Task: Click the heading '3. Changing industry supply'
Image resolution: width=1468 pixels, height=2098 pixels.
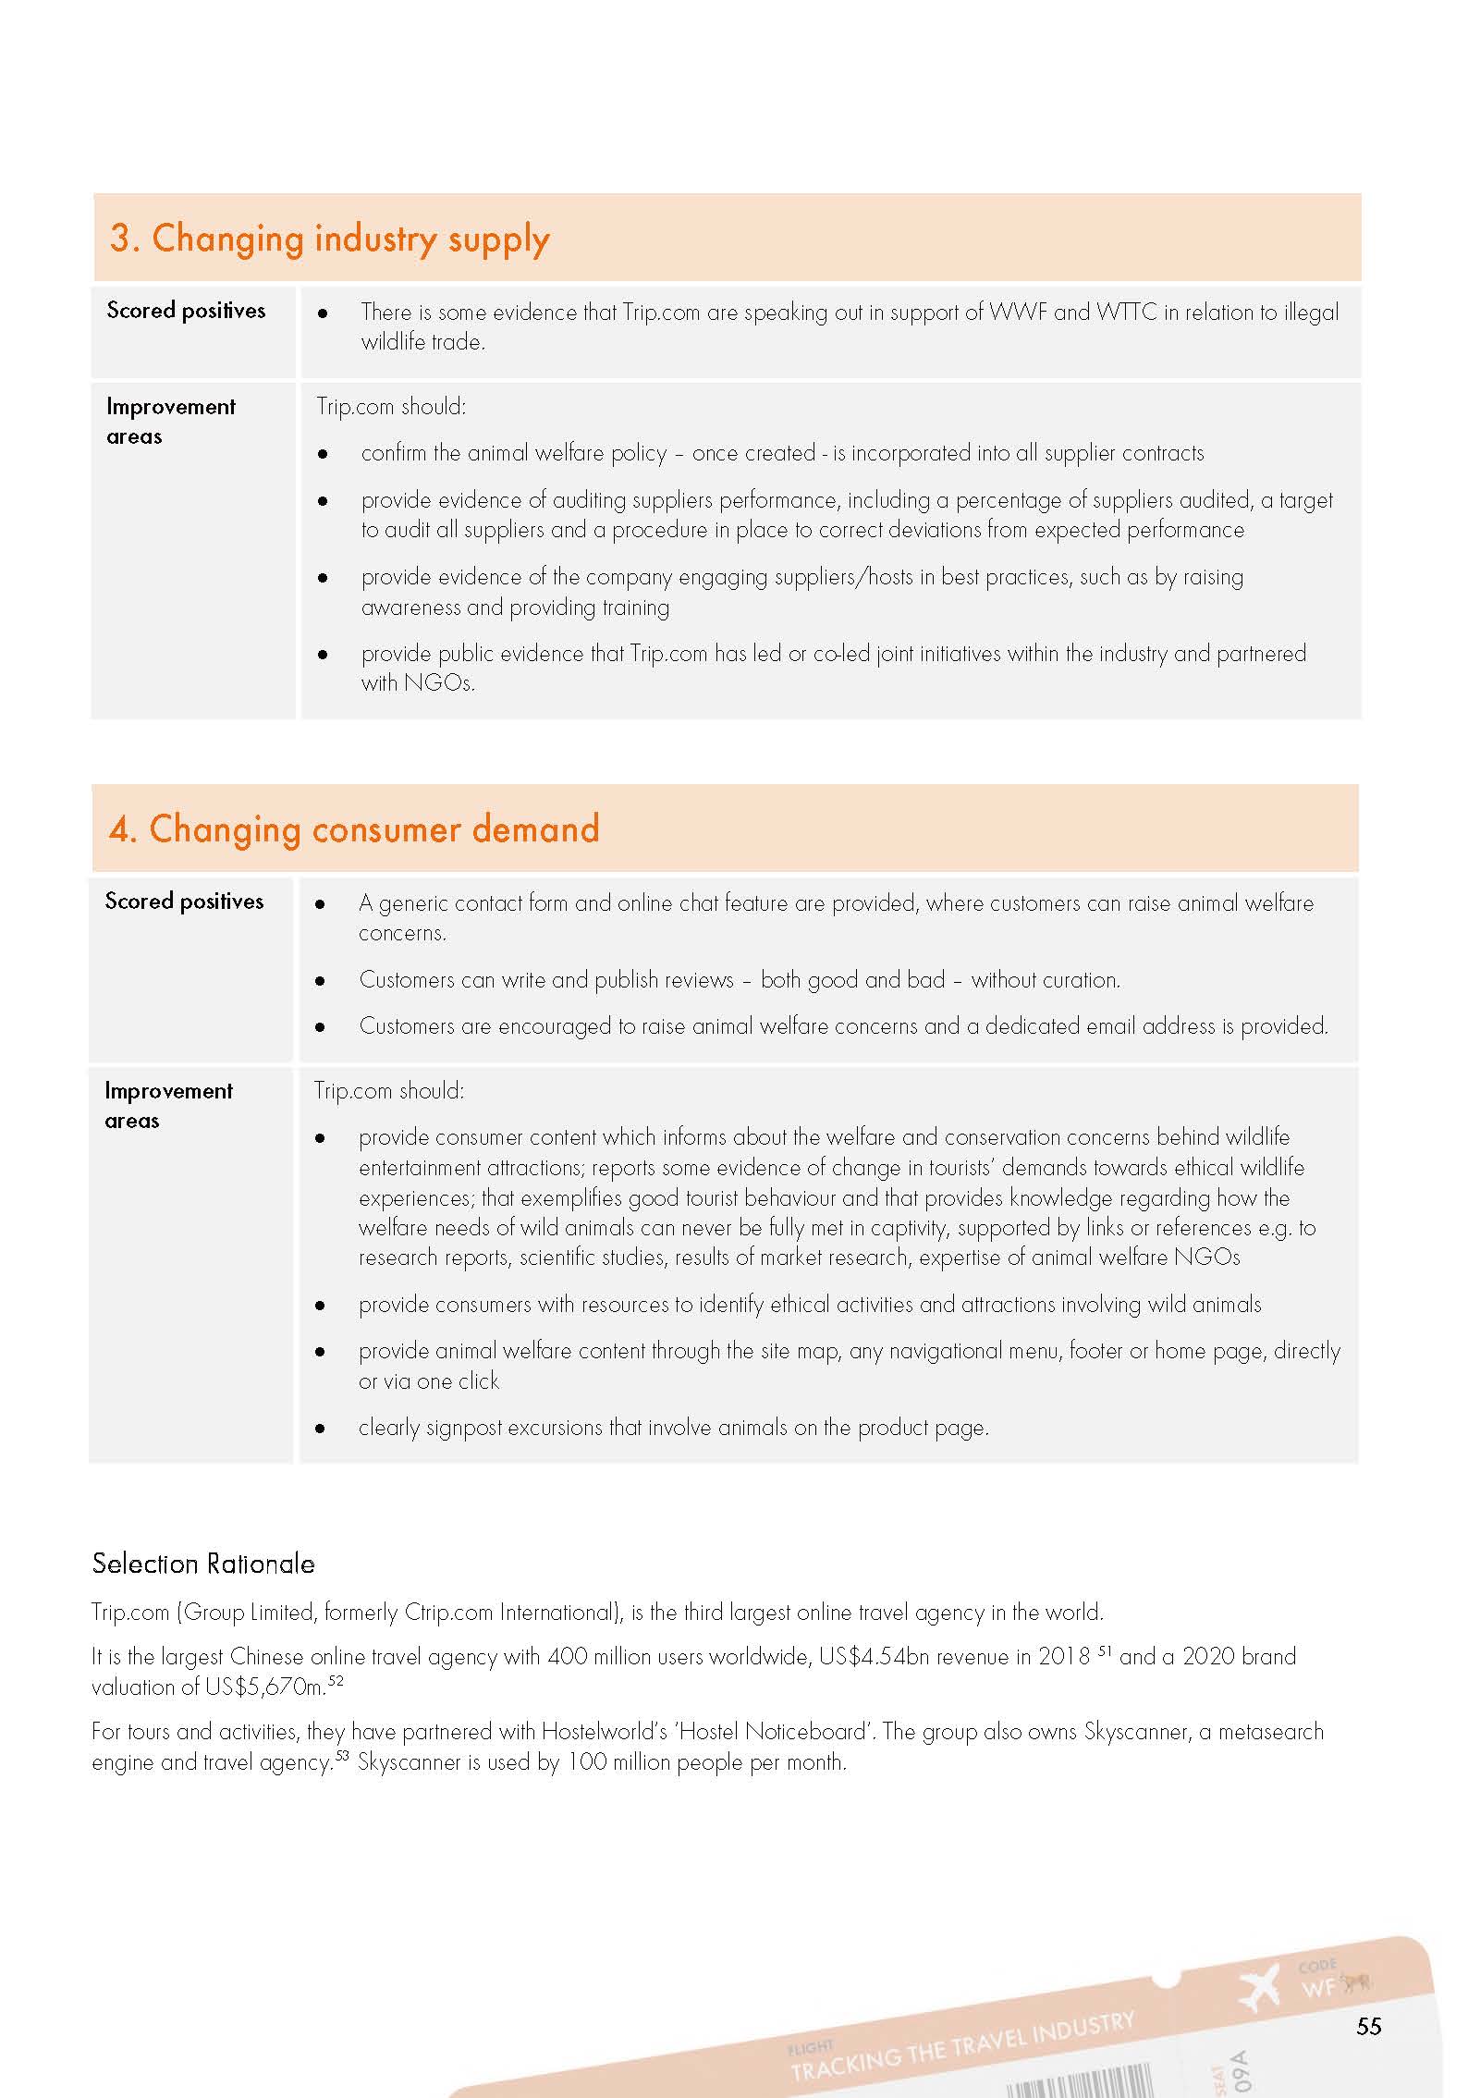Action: coord(329,239)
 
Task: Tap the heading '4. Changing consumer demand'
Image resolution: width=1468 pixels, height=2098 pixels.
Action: coord(354,829)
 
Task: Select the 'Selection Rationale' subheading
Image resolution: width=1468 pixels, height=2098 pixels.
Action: coord(203,1564)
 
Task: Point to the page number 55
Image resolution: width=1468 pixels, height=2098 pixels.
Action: coord(1368,2026)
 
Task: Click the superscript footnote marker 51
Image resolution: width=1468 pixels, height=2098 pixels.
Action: coord(1104,1650)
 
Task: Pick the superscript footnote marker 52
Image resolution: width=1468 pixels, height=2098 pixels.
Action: coord(336,1680)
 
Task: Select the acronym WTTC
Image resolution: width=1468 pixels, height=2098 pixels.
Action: coord(1126,313)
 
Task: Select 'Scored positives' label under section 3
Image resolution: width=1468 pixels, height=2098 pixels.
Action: coord(186,311)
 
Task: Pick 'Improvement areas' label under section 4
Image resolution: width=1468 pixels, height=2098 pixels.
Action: coord(168,1106)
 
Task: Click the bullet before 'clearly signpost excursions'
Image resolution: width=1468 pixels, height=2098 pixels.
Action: coord(320,1429)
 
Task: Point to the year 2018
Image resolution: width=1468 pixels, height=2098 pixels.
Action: coord(1064,1657)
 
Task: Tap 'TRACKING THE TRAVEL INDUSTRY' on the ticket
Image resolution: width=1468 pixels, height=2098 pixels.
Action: coord(961,2046)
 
